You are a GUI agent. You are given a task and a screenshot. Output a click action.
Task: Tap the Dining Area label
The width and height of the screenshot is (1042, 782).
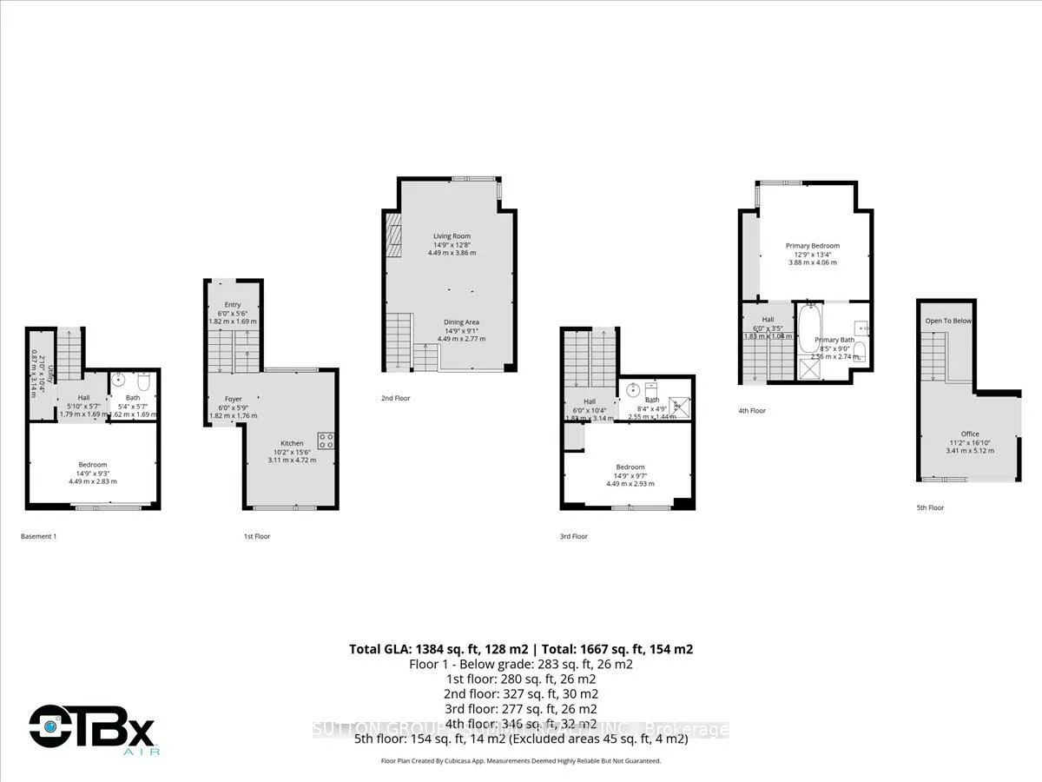(460, 321)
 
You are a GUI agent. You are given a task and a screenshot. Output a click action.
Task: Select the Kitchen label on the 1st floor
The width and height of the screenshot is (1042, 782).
(292, 443)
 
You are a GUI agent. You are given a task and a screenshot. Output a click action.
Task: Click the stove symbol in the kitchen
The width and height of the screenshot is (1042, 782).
(326, 441)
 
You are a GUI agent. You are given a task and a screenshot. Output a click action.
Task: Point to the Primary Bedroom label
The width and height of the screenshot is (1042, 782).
(813, 246)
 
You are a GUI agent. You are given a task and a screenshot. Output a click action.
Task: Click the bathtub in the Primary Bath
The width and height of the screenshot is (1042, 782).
(808, 331)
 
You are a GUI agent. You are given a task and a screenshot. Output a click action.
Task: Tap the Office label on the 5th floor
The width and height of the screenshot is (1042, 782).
(969, 434)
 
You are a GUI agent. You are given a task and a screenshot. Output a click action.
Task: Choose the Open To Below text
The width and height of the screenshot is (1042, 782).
(948, 321)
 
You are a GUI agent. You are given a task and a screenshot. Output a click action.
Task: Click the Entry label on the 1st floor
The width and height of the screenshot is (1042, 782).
(233, 304)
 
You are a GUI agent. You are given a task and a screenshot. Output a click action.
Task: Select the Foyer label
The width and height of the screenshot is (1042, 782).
(232, 399)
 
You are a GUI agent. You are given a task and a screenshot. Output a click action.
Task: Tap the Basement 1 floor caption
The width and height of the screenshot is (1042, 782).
(38, 536)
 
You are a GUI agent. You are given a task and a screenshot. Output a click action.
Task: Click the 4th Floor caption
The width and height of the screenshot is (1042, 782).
(752, 410)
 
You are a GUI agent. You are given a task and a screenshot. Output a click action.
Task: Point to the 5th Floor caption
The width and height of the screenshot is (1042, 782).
(931, 507)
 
